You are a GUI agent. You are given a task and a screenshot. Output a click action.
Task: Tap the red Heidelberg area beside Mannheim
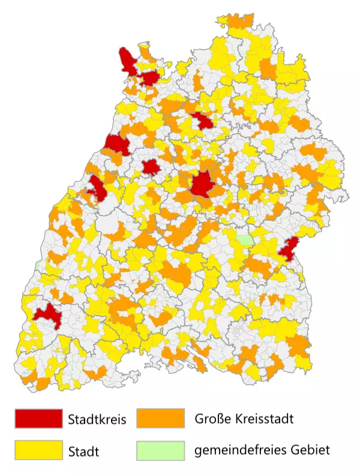[149, 77]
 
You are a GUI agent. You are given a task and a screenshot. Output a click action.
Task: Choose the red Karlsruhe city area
[116, 145]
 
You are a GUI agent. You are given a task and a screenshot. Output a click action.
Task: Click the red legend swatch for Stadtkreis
[38, 418]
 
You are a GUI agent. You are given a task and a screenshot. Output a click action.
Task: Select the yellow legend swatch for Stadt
[38, 449]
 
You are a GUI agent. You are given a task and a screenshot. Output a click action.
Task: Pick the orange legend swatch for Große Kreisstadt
[160, 418]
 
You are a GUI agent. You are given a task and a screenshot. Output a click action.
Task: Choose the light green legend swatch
[160, 449]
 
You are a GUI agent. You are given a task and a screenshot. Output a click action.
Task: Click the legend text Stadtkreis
[97, 419]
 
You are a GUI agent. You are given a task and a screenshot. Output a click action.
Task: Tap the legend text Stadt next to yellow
[83, 450]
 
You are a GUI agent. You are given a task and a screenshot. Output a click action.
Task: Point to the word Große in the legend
[212, 418]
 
